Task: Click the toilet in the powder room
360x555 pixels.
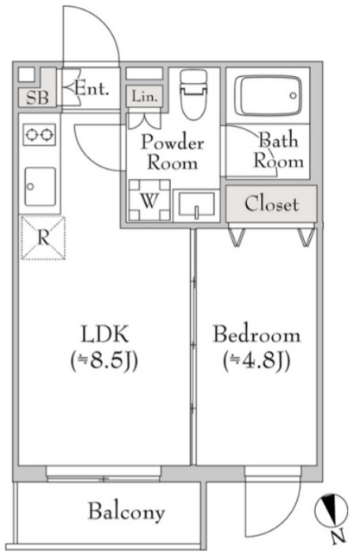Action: [193, 94]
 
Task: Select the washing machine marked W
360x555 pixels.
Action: [150, 200]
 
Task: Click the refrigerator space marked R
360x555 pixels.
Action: [44, 238]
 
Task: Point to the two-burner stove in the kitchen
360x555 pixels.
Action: [40, 135]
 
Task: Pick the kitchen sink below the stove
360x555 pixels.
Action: [40, 187]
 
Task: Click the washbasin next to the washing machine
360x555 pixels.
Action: [197, 204]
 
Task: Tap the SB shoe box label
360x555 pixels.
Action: [37, 97]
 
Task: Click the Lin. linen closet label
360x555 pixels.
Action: [144, 97]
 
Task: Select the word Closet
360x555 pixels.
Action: [271, 204]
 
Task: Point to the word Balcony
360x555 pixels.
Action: [127, 511]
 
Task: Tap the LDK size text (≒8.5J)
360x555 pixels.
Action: [104, 361]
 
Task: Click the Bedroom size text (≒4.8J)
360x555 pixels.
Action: [256, 361]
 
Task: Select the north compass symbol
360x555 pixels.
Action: [332, 511]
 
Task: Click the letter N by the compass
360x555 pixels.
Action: [339, 537]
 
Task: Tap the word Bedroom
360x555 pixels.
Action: [256, 334]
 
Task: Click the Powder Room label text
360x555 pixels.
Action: [172, 153]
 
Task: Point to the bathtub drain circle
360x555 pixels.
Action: [294, 96]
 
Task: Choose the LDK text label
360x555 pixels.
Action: [104, 334]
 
